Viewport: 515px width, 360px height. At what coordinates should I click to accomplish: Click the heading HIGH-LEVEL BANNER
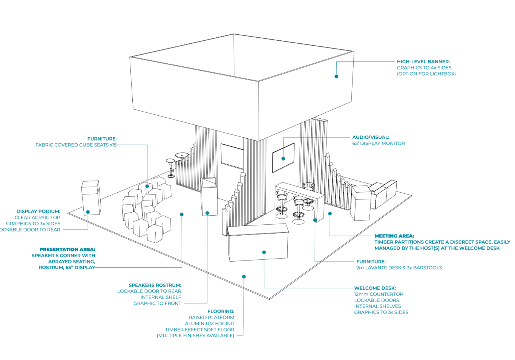[x=423, y=61]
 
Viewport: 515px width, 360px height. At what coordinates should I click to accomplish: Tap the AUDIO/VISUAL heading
[x=371, y=137]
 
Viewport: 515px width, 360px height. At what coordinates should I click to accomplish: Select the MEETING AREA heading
[x=394, y=236]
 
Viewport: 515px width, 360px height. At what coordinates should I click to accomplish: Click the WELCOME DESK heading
[x=375, y=288]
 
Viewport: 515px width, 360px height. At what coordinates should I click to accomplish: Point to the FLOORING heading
[x=221, y=311]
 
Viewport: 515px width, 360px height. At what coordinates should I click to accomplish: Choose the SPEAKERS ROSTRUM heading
[x=155, y=285]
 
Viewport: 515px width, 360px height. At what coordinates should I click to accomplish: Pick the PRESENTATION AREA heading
[x=67, y=250]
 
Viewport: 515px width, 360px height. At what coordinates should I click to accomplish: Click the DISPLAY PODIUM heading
[x=38, y=211]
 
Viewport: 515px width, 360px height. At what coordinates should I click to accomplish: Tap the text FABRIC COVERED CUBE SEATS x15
[x=76, y=145]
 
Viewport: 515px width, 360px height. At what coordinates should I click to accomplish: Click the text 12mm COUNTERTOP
[x=379, y=294]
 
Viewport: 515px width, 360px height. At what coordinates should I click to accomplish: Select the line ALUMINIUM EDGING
[x=209, y=323]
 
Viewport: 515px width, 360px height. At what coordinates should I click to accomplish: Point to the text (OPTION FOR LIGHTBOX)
[x=426, y=74]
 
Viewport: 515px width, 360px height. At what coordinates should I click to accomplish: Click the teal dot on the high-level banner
[x=336, y=77]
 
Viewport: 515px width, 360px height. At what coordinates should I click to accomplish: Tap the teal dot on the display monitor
[x=283, y=159]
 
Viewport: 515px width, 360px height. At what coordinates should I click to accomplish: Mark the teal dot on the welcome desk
[x=264, y=252]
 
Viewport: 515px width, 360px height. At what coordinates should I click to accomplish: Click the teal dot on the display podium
[x=88, y=212]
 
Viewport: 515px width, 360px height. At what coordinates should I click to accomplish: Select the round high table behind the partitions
[x=182, y=155]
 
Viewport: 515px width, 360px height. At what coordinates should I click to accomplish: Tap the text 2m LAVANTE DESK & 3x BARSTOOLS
[x=399, y=268]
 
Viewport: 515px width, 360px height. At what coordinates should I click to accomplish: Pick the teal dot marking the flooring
[x=244, y=277]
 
